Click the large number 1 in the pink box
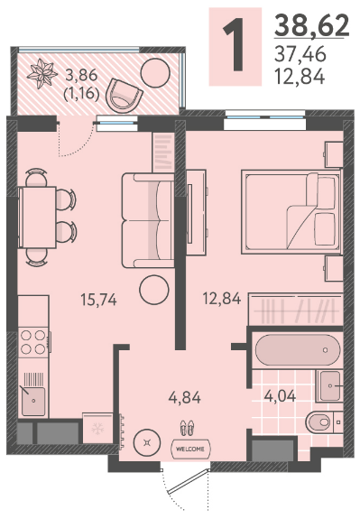pos(235,44)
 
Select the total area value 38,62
pos(312,25)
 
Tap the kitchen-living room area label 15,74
pos(98,300)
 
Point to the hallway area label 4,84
pos(185,397)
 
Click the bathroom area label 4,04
pos(280,395)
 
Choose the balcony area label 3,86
pos(81,76)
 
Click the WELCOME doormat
pos(190,449)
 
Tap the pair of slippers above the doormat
pos(187,428)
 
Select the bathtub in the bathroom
pos(298,349)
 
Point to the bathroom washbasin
pos(329,386)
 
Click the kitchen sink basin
pos(33,401)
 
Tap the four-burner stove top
pos(33,342)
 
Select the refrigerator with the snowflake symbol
pos(97,428)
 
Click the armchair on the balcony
pos(124,96)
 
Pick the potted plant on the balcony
pos(41,73)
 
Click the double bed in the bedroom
pos(291,212)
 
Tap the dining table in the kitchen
pos(37,217)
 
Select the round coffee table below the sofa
pos(154,290)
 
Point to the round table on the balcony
pos(155,73)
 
